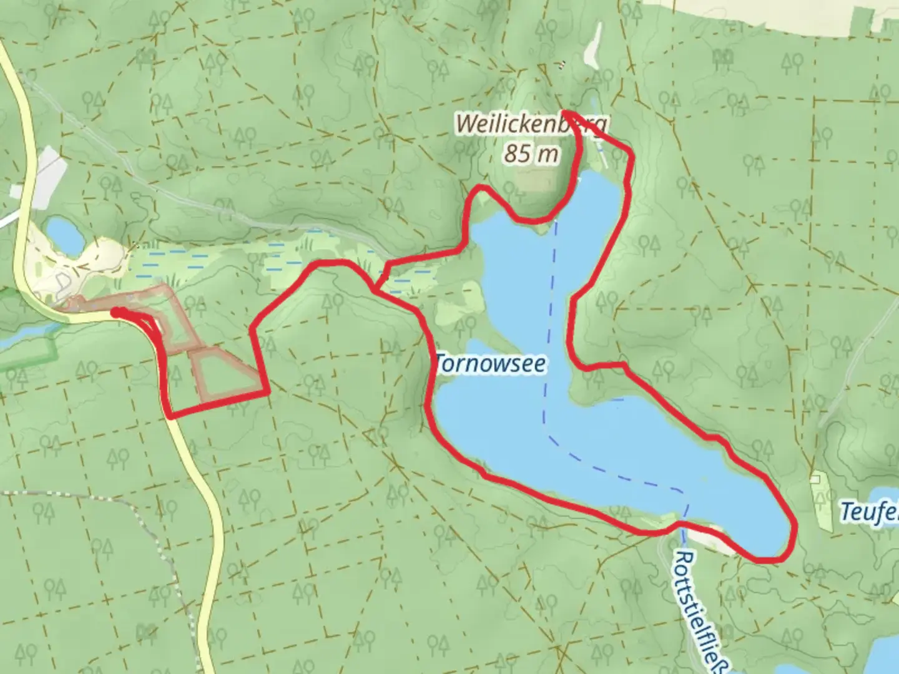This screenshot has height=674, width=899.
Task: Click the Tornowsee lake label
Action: pos(491,364)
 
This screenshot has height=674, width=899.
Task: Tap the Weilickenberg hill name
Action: pos(531,124)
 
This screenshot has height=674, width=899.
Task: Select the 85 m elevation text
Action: pos(531,153)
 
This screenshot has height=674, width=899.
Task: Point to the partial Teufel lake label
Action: pos(869,512)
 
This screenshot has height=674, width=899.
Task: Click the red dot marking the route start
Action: pos(116,311)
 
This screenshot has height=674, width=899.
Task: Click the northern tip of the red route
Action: pos(565,112)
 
